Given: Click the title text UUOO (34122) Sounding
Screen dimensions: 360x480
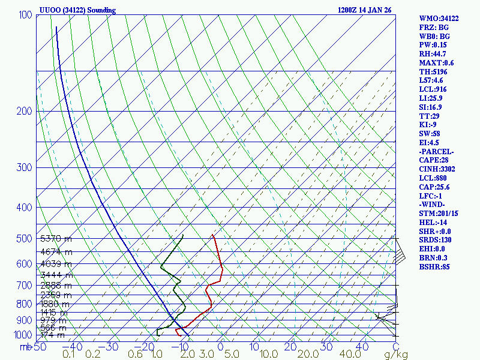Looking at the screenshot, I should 77,10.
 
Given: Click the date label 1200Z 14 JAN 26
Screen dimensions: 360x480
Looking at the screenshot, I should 364,10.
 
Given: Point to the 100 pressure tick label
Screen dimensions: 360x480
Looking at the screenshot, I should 25,14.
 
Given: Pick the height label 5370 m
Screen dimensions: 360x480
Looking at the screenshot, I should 56,239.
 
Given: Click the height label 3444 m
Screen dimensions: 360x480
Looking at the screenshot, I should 56,275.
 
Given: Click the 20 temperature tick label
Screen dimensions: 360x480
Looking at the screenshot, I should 290,346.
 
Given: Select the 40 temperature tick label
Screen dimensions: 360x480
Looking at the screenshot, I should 362,346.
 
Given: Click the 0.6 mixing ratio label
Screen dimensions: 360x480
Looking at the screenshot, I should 136,355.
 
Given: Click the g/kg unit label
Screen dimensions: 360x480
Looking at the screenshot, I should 396,355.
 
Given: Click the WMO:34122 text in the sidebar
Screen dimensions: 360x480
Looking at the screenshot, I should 439,19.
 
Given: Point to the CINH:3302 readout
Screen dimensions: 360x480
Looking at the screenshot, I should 437,169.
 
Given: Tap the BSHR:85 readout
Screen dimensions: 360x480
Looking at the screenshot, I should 434,266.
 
